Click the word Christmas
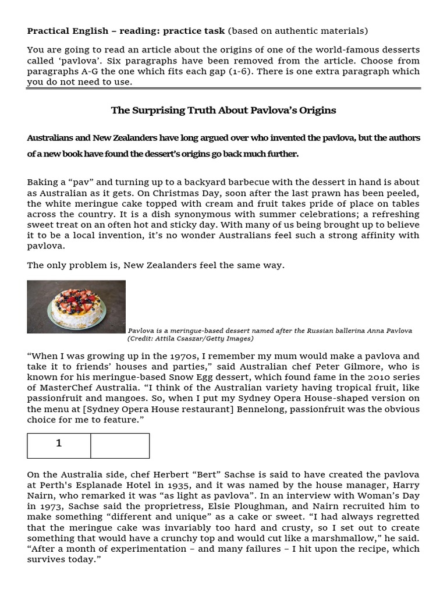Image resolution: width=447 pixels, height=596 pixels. [x=122, y=193]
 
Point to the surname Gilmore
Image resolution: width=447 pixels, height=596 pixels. [x=344, y=367]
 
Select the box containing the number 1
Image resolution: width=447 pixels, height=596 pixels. [x=59, y=445]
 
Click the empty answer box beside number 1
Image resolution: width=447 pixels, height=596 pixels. [x=120, y=445]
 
